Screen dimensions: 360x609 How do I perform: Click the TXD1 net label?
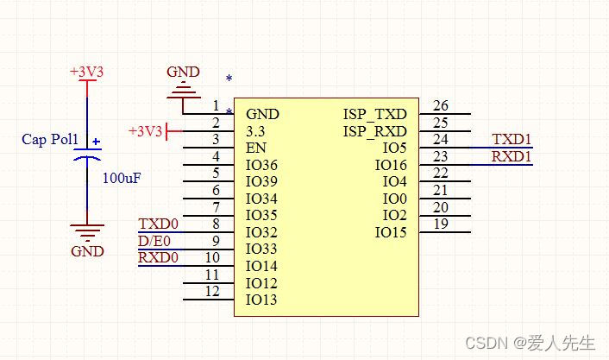512,140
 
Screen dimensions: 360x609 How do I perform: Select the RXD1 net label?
512,156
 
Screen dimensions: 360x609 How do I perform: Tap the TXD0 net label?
158,224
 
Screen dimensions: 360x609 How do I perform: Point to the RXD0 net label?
158,257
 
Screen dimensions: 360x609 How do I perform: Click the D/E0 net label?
154,241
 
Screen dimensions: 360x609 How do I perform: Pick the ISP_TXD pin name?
374,114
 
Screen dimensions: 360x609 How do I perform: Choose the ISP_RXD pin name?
374,131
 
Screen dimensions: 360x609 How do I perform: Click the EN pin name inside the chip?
255,148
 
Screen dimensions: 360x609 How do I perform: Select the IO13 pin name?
261,300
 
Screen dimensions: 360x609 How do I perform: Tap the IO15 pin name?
391,232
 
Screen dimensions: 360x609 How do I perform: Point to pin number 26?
441,106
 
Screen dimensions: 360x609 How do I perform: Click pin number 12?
212,292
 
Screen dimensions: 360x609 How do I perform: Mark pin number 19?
441,224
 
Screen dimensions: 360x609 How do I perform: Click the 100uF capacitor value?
122,179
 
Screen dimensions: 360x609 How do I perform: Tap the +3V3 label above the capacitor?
86,73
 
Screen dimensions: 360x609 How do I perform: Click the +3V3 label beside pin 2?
145,131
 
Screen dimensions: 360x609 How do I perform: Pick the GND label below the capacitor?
87,251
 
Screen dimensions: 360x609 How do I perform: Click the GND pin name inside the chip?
262,114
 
